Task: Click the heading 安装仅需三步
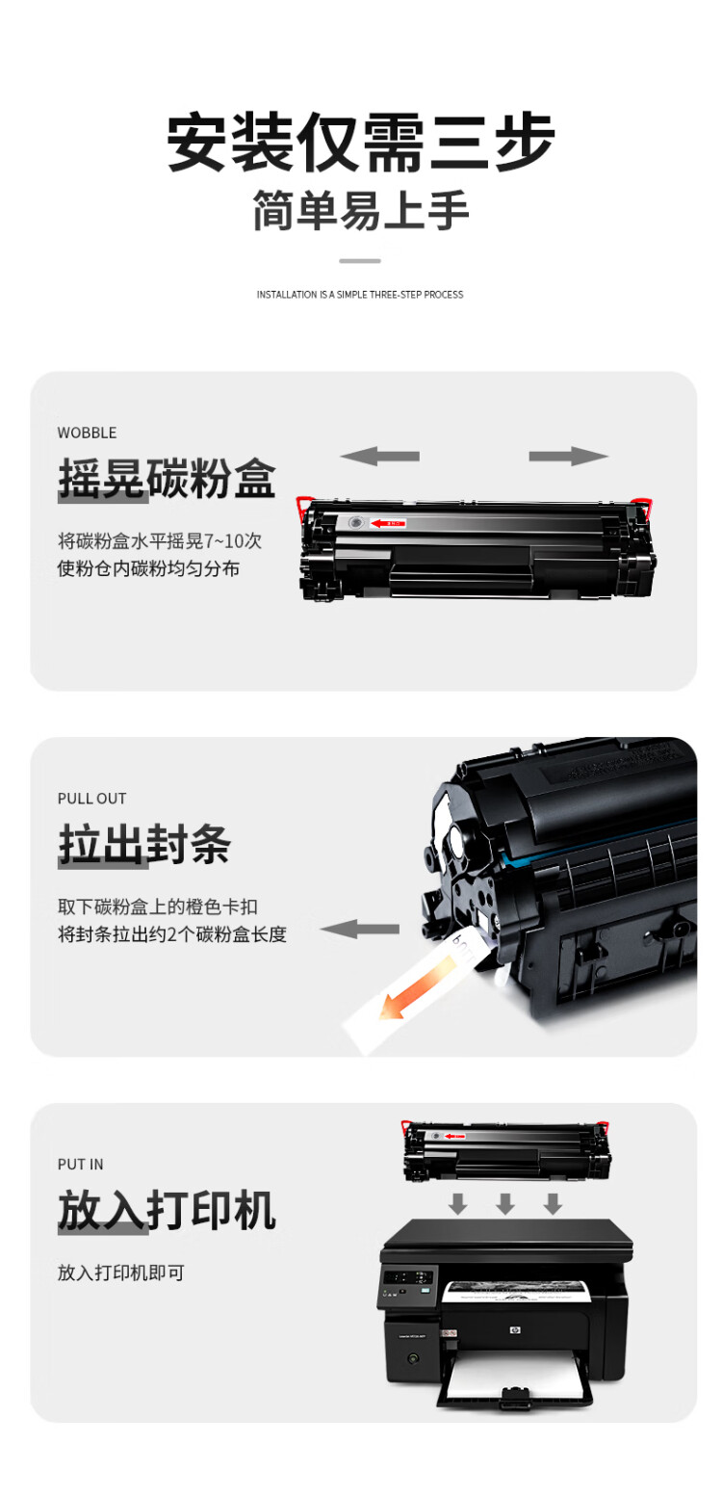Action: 361,143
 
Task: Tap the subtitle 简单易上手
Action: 361,211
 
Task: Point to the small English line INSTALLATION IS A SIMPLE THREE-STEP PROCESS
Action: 360,295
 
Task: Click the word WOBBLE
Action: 87,433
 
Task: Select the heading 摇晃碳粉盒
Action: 167,478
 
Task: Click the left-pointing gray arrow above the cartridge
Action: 379,456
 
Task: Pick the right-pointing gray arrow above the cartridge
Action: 569,456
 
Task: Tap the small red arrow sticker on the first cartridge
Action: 389,523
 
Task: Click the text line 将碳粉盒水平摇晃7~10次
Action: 160,540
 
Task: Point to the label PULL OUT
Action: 91,799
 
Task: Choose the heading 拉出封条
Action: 144,844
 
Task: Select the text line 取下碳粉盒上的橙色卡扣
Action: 158,906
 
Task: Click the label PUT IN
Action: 80,1165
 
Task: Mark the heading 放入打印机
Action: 167,1210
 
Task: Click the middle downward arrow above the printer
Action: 504,1203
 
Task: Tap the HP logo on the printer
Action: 513,1330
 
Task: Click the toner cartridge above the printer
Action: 507,1150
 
